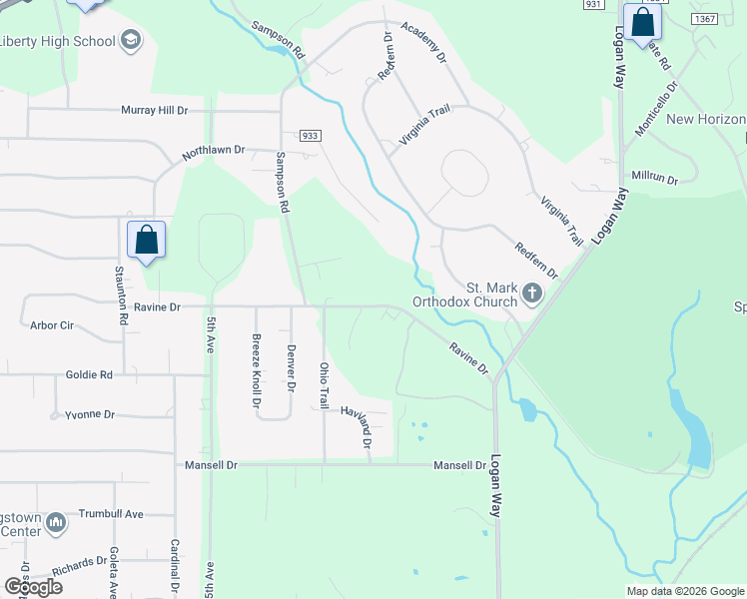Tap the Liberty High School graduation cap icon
(x=130, y=40)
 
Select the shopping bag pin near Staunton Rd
(x=146, y=240)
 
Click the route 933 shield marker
(x=308, y=135)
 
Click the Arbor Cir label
(x=53, y=324)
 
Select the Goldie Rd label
(x=91, y=375)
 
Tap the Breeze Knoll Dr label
(x=256, y=371)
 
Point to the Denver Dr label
(x=292, y=367)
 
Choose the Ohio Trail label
(x=324, y=384)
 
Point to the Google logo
(x=34, y=587)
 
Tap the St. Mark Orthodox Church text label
(x=467, y=294)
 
